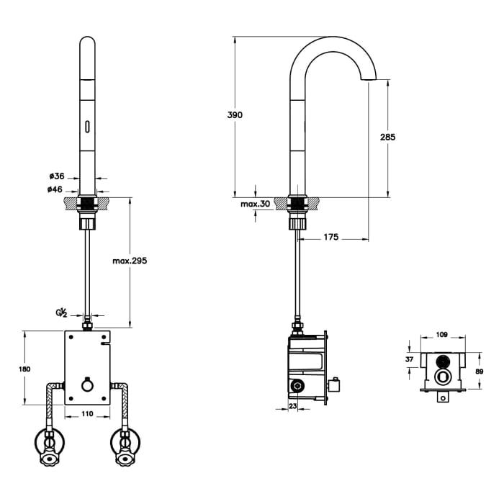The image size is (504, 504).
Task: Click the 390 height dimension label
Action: [x=235, y=114]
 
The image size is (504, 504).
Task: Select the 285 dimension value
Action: [x=387, y=137]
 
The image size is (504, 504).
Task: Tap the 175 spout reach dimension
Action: [x=330, y=237]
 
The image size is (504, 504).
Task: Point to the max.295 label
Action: [x=130, y=261]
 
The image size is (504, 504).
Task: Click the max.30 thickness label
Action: [x=255, y=204]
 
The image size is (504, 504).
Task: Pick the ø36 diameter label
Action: [x=57, y=176]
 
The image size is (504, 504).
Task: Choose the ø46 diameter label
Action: [x=55, y=189]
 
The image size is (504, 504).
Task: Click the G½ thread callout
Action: [x=61, y=313]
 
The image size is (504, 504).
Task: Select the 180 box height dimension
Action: [x=24, y=369]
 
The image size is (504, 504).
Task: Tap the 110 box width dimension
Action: [x=87, y=413]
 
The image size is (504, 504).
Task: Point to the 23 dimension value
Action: [x=292, y=406]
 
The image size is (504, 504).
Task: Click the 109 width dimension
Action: [x=441, y=335]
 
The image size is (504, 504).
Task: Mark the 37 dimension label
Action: [x=409, y=359]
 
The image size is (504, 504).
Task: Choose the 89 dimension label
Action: [x=480, y=372]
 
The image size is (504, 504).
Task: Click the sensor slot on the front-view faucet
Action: [x=87, y=126]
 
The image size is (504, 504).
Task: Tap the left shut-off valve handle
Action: [x=49, y=458]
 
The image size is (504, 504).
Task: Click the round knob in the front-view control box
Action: [x=87, y=385]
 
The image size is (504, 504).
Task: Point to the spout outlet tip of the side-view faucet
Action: [x=369, y=80]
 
